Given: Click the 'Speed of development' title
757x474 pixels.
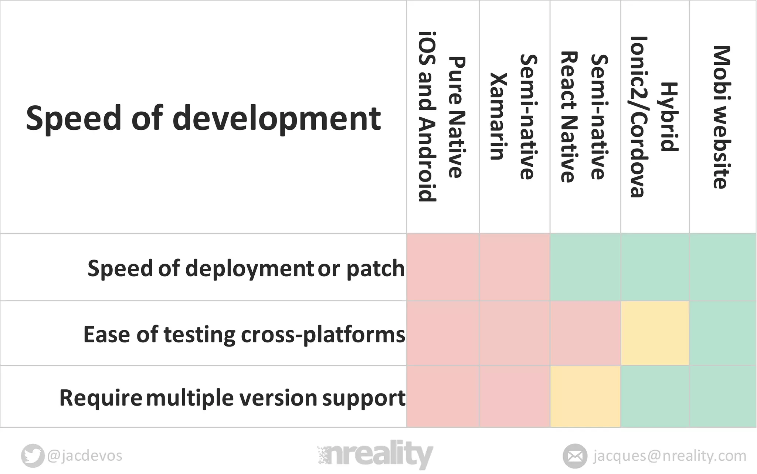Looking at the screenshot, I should point(203,118).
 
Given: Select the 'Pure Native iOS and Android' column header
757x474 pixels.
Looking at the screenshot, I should point(442,117).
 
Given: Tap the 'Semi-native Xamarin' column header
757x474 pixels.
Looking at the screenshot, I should point(514,117).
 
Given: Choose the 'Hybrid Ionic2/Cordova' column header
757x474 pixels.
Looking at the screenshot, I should point(654,117).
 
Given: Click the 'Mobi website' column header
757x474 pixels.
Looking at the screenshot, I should point(722,117).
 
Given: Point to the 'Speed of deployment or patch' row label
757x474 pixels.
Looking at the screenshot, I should point(246,268).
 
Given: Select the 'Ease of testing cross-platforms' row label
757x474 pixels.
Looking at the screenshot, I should point(244,334).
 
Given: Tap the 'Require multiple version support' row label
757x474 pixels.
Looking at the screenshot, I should point(232,398).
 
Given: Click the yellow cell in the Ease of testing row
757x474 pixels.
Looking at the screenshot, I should point(655,333).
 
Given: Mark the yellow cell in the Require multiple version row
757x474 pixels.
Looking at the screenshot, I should point(585,397).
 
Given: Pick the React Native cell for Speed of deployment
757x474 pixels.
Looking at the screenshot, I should point(585,267).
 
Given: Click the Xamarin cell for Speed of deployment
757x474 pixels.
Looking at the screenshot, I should point(515,267).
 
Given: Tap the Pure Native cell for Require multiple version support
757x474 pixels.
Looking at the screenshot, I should point(443,397).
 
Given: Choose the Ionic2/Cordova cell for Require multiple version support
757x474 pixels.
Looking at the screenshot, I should point(655,397).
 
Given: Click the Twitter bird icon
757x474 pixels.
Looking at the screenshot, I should point(33,456).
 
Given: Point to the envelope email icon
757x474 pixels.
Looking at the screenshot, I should point(575,456).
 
